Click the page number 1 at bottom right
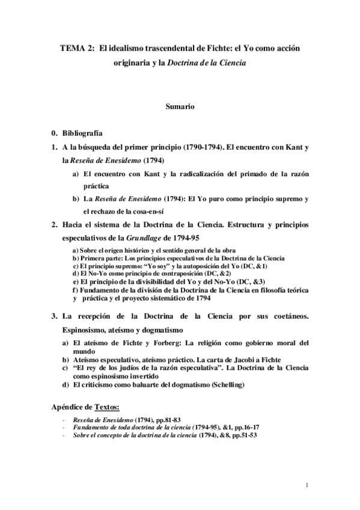[307, 485]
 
